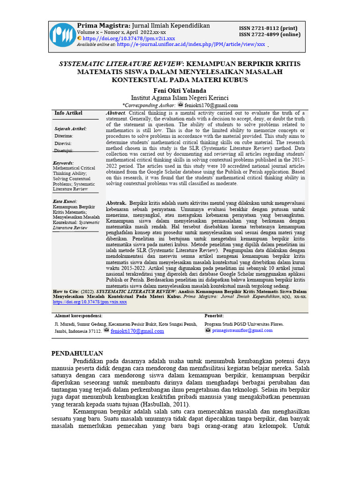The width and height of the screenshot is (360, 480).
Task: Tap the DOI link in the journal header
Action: (x=129, y=38)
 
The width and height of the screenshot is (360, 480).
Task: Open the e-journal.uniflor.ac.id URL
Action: (x=191, y=45)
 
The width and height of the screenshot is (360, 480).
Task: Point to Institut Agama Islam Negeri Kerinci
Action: (x=180, y=97)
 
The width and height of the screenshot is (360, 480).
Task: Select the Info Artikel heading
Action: (x=68, y=113)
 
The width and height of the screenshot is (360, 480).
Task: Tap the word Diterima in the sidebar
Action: (x=64, y=136)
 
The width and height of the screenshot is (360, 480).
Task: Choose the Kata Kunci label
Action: (x=65, y=202)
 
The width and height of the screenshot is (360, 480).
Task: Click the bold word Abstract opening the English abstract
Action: (x=115, y=113)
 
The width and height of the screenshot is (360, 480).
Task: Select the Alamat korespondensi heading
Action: (x=78, y=316)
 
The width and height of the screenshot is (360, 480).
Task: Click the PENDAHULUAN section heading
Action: (x=77, y=353)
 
